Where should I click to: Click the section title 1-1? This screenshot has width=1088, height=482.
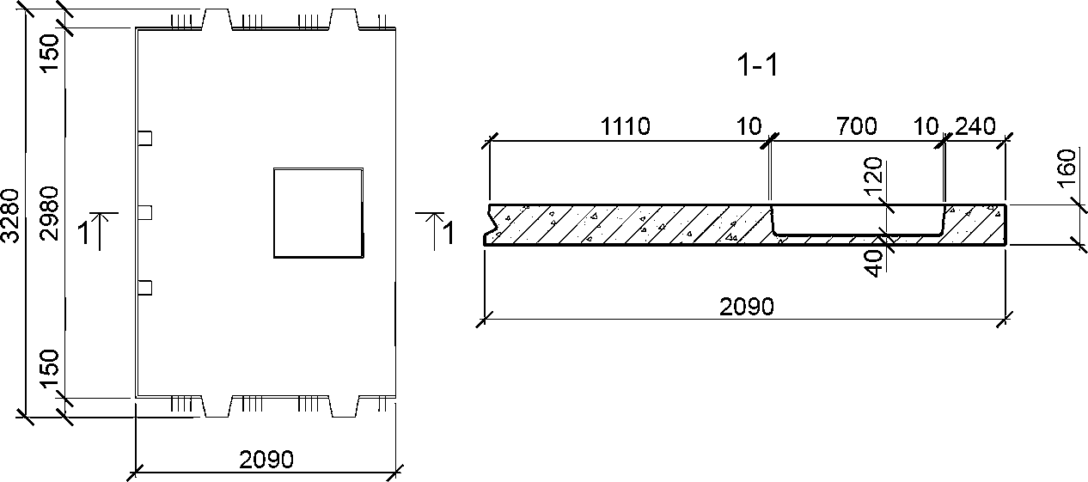(757, 65)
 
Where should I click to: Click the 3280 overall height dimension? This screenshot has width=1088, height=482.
(10, 215)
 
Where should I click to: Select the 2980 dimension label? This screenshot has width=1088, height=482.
(50, 214)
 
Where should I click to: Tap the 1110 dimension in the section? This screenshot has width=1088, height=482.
(625, 126)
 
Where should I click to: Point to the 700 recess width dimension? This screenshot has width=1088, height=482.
(857, 126)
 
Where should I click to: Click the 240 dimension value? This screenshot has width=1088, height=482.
(975, 126)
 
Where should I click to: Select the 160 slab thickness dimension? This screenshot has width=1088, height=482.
(1067, 168)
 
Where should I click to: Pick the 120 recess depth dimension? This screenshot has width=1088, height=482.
(873, 176)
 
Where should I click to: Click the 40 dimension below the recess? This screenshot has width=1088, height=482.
(874, 263)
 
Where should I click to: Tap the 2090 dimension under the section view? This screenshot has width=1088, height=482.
(747, 307)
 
